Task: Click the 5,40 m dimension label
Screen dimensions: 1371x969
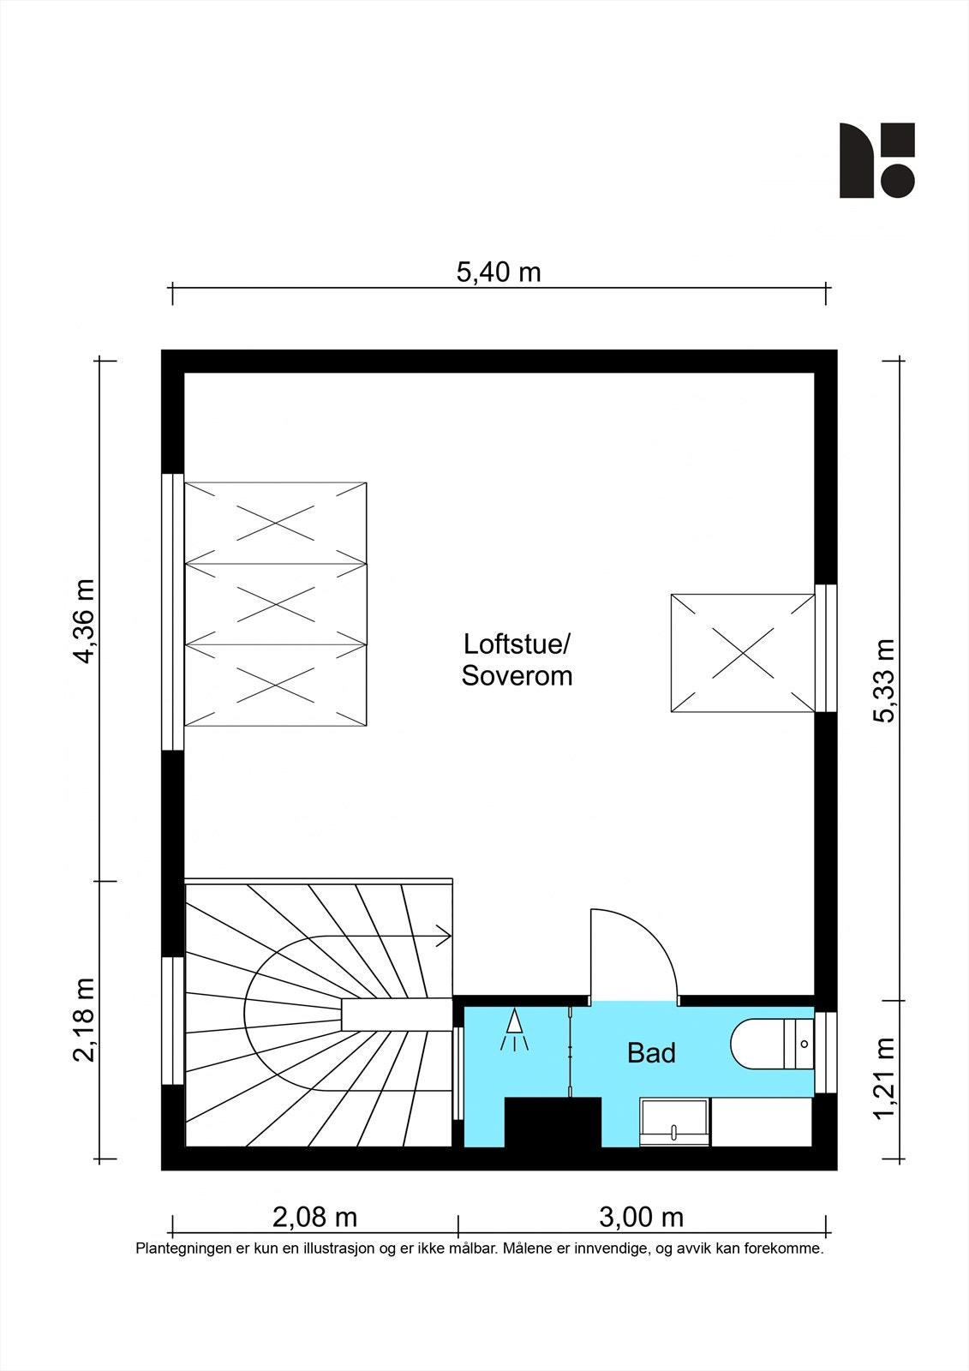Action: (499, 272)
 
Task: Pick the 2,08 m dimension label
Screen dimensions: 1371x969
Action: (314, 1217)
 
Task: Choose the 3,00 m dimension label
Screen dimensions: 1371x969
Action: (641, 1217)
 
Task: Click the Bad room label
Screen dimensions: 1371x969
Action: (651, 1052)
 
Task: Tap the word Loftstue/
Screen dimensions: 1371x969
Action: (517, 644)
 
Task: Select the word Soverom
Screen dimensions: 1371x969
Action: (517, 676)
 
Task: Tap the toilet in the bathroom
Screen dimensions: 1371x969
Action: (771, 1044)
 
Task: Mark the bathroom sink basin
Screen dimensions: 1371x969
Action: (675, 1123)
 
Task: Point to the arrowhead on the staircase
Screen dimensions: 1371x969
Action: (445, 937)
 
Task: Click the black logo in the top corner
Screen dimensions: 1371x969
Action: (876, 160)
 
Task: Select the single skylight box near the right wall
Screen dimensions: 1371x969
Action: (741, 653)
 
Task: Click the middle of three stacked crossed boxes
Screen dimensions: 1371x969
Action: (276, 602)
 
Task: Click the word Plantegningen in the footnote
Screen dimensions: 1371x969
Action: (178, 1248)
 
